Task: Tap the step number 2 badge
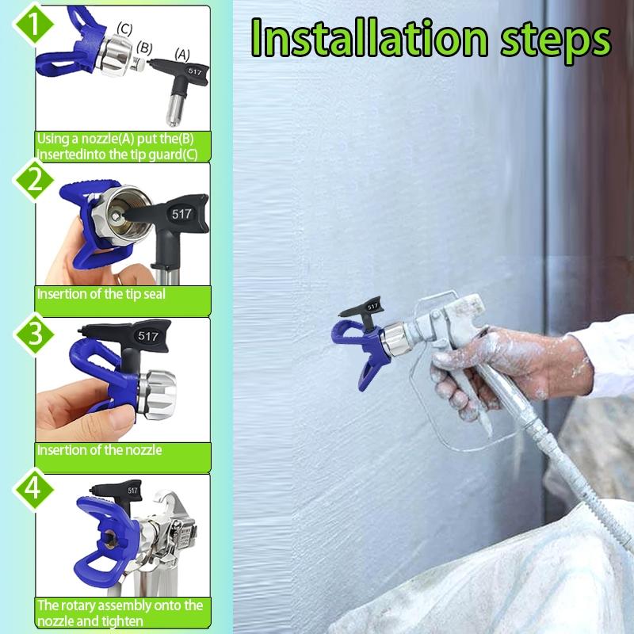coord(32,181)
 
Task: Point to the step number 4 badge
coord(32,487)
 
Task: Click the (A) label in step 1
coord(182,55)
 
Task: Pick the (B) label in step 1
coord(144,47)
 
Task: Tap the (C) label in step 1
coord(124,29)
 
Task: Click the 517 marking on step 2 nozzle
coord(182,214)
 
